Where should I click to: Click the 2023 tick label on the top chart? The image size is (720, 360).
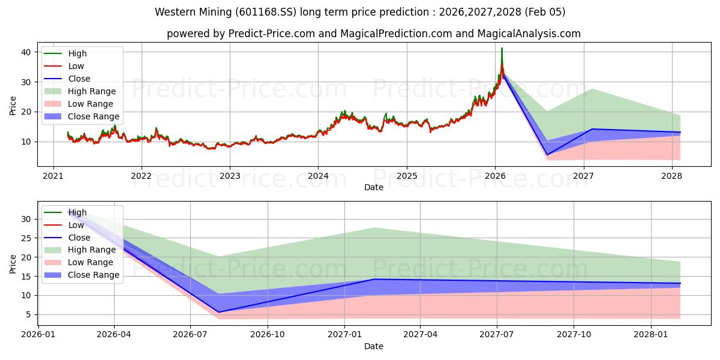pyautogui.click(x=230, y=176)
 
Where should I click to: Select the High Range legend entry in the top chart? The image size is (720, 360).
pyautogui.click(x=92, y=91)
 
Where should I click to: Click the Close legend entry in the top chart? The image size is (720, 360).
pyautogui.click(x=79, y=79)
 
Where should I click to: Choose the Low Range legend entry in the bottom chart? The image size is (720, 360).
pyautogui.click(x=91, y=262)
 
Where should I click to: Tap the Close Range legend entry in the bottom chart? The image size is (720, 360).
pyautogui.click(x=93, y=275)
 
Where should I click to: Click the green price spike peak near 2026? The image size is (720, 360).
pyautogui.click(x=502, y=48)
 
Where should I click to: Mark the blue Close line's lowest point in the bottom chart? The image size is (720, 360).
pyautogui.click(x=218, y=312)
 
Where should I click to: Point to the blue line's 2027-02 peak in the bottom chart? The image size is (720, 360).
pyautogui.click(x=374, y=279)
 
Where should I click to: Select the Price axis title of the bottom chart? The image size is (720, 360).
pyautogui.click(x=13, y=263)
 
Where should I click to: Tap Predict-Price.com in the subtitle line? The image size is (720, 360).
pyautogui.click(x=272, y=34)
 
